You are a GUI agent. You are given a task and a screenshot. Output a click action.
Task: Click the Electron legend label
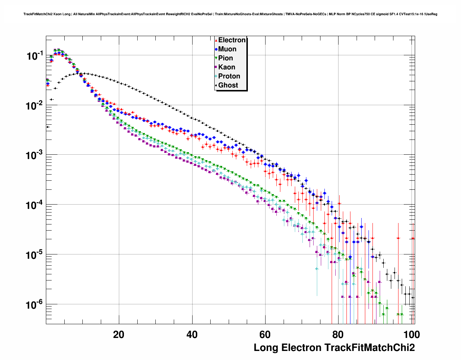pyautogui.click(x=232, y=40)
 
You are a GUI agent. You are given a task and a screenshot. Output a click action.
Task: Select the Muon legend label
pyautogui.click(x=227, y=49)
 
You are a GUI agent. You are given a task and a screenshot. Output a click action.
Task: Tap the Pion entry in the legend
pyautogui.click(x=225, y=58)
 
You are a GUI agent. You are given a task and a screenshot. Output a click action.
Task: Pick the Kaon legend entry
pyautogui.click(x=227, y=67)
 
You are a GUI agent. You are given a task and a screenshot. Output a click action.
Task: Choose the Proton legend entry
pyautogui.click(x=229, y=76)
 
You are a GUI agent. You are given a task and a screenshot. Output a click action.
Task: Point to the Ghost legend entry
pyautogui.click(x=228, y=85)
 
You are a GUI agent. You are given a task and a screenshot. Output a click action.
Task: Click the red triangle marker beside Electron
pyautogui.click(x=216, y=40)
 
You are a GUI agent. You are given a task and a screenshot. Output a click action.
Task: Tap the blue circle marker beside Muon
pyautogui.click(x=216, y=49)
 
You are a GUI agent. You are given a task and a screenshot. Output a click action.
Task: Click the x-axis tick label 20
pyautogui.click(x=119, y=335)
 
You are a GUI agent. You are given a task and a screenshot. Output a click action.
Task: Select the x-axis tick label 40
pyautogui.click(x=192, y=335)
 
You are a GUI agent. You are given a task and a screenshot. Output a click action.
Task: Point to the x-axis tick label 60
pyautogui.click(x=265, y=335)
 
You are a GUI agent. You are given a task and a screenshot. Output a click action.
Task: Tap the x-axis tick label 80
pyautogui.click(x=339, y=335)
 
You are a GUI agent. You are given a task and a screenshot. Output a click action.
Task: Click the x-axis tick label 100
pyautogui.click(x=412, y=335)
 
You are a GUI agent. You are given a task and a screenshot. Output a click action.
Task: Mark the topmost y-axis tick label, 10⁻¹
pyautogui.click(x=35, y=56)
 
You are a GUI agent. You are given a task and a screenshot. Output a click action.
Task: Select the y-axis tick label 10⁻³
pyautogui.click(x=35, y=155)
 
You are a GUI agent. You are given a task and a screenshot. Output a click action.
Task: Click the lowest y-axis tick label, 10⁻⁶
pyautogui.click(x=35, y=305)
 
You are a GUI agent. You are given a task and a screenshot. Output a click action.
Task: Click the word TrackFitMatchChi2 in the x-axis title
pyautogui.click(x=370, y=348)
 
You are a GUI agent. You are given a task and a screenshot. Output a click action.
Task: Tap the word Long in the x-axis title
pyautogui.click(x=266, y=348)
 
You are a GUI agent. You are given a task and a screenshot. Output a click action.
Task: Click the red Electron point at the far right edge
pyautogui.click(x=413, y=238)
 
